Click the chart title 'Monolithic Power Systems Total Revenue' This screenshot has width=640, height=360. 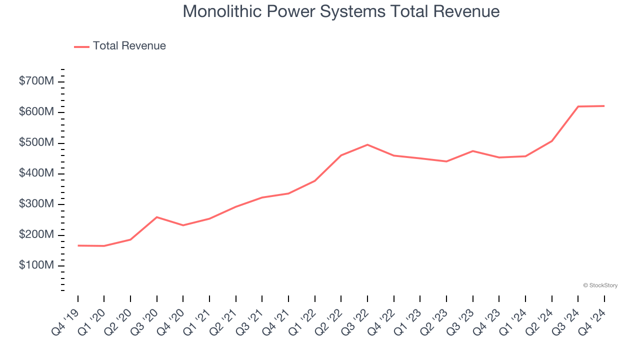pyautogui.click(x=341, y=11)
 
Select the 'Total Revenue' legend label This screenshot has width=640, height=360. pyautogui.click(x=129, y=46)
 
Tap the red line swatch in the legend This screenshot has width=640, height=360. pyautogui.click(x=81, y=46)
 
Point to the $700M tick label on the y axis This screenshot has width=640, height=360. pyautogui.click(x=36, y=81)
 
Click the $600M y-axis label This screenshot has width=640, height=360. pyautogui.click(x=36, y=112)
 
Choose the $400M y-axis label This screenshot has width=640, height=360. pyautogui.click(x=36, y=173)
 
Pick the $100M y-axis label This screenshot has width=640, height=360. pyautogui.click(x=36, y=265)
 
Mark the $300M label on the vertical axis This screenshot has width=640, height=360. pyautogui.click(x=36, y=204)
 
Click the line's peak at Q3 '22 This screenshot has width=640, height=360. pyautogui.click(x=367, y=145)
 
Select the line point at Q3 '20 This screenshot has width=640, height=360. pyautogui.click(x=157, y=217)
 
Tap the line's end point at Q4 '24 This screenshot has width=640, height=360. pyautogui.click(x=604, y=106)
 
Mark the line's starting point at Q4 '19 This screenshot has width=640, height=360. pyautogui.click(x=78, y=245)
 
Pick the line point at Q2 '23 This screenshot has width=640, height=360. pyautogui.click(x=446, y=161)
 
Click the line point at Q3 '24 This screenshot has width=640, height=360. pyautogui.click(x=578, y=106)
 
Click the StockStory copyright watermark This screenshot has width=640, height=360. pyautogui.click(x=600, y=285)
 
